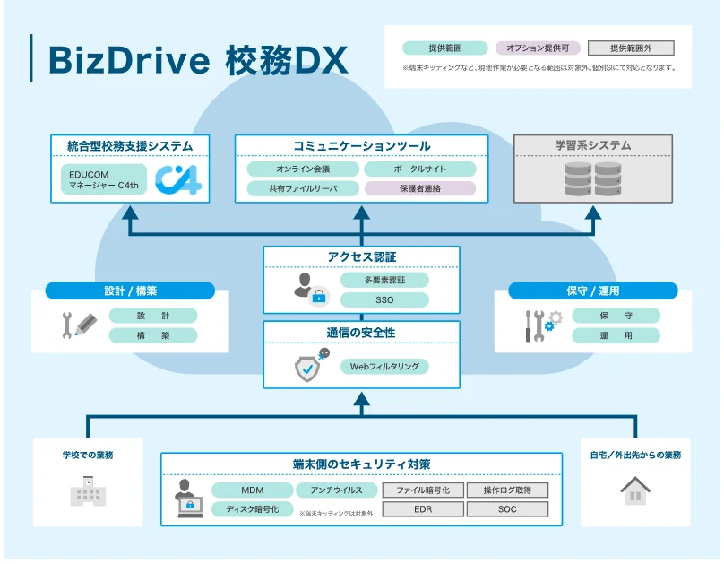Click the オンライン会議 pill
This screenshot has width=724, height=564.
coord(303,169)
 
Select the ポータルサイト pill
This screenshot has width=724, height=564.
coord(419,169)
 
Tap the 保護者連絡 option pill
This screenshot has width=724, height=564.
coord(419,188)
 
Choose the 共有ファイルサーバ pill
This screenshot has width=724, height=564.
coord(303,188)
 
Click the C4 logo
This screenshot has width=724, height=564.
coord(177,178)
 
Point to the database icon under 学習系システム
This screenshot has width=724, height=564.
coord(593,179)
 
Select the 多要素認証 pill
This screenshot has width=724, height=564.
coord(384,280)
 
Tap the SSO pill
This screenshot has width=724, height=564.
coord(384,299)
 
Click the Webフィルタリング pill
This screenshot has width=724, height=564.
coord(384,366)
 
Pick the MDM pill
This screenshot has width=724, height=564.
coord(252,490)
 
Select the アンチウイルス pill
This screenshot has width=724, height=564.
coord(336,490)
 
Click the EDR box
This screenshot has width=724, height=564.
coord(422,509)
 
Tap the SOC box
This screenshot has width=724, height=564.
coord(507,509)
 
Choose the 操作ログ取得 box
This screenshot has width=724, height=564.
coord(507,490)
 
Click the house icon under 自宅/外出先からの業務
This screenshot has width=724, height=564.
coord(635,490)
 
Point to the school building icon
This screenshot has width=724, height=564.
coord(88,490)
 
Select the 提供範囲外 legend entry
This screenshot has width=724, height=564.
coord(631,48)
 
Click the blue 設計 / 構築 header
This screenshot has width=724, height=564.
coord(130,291)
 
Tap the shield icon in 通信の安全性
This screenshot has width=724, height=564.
coord(310,367)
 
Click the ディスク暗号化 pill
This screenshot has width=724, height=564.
coord(252,509)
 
